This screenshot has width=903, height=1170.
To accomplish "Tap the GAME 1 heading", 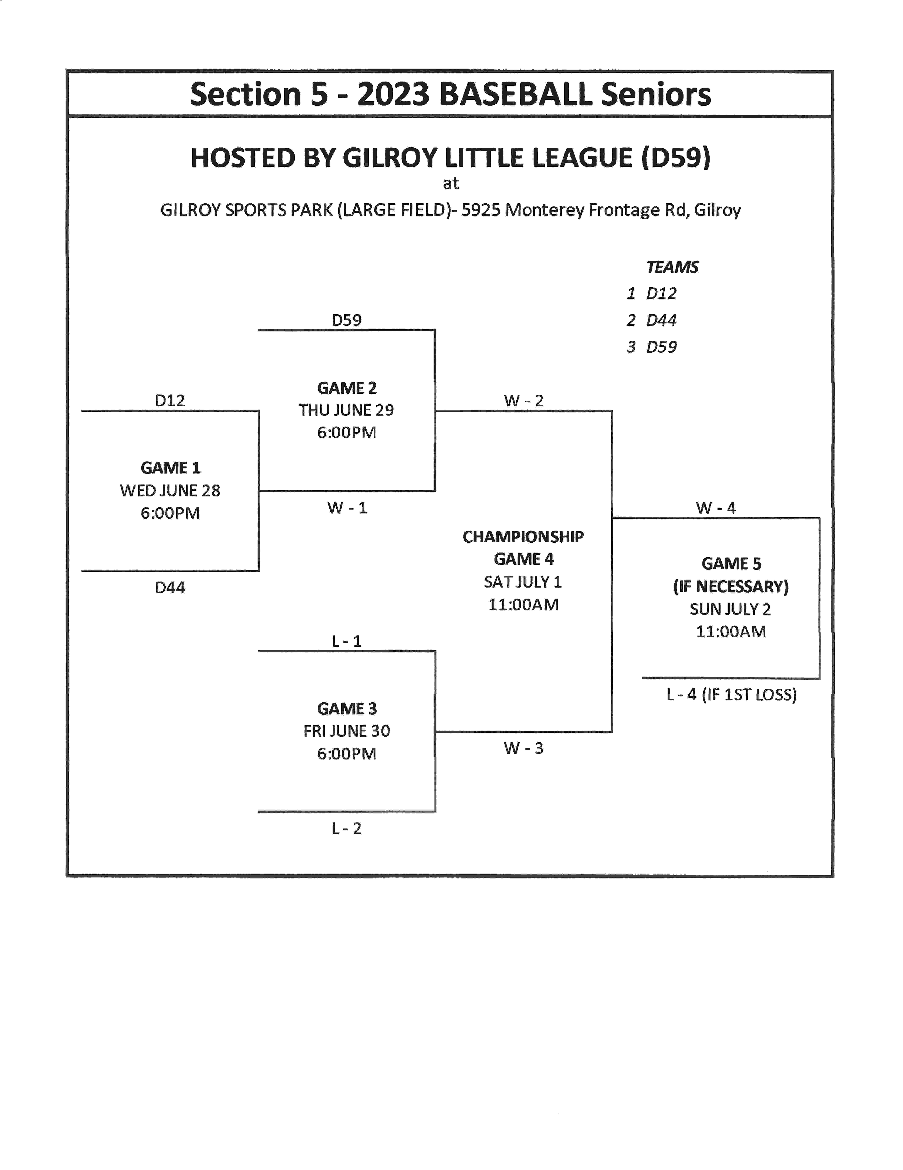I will [170, 468].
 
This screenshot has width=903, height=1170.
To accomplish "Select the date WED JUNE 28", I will [170, 490].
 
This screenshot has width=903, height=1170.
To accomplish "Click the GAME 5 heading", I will [731, 564].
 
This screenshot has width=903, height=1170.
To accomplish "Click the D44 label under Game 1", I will [170, 588].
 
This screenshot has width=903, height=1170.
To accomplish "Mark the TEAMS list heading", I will [672, 267].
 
